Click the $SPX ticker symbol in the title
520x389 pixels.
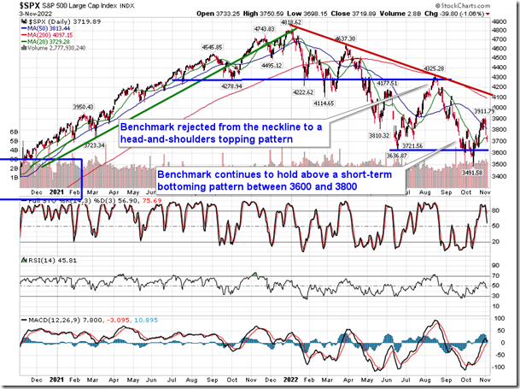click(x=16, y=5)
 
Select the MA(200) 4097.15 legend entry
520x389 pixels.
click(x=54, y=34)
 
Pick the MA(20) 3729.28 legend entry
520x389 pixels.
click(x=51, y=41)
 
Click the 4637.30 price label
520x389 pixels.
click(x=345, y=39)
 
